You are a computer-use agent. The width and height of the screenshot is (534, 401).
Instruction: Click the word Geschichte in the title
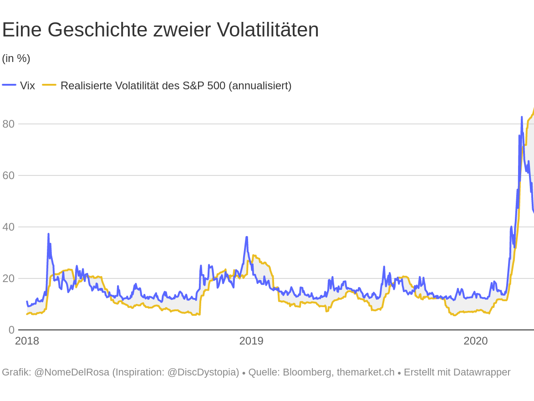tap(97, 30)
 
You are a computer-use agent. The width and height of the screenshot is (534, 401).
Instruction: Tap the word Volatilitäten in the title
tap(268, 30)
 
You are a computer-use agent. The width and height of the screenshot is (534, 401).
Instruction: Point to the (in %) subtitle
tap(16, 58)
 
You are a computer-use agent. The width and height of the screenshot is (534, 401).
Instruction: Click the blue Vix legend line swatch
tap(9, 85)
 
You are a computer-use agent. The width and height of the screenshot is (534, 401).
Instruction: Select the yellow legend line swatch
tap(49, 85)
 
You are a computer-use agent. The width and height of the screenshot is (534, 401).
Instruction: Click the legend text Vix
tap(27, 86)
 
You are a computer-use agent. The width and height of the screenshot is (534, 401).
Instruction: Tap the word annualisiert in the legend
tap(258, 86)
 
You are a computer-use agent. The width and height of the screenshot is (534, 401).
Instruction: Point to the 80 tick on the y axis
tap(8, 124)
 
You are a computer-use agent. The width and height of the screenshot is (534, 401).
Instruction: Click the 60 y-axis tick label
tap(8, 175)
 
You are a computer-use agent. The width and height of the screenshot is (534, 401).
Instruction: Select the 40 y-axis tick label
tap(8, 227)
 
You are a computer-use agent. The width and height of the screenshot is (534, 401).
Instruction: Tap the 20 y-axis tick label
tap(8, 278)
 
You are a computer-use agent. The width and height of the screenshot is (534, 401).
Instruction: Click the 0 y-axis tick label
tap(11, 330)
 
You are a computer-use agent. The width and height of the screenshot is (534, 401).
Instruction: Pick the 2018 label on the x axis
tap(27, 341)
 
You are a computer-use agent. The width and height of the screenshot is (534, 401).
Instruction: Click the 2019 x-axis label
tap(251, 341)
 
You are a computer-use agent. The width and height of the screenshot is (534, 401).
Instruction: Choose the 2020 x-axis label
tap(475, 341)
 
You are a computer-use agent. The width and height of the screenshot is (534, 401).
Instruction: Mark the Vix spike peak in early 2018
tap(48, 234)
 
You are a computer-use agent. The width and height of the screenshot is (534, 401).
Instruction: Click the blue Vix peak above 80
tap(522, 118)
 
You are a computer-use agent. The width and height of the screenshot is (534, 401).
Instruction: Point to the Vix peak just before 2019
tap(246, 237)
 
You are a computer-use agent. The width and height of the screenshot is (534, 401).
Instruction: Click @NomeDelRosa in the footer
tap(72, 372)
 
